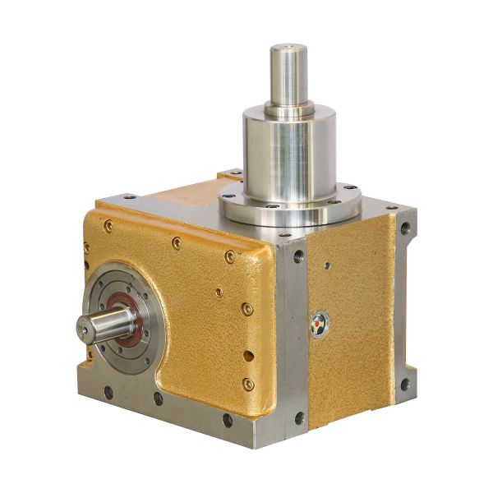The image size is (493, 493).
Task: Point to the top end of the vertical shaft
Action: (x=288, y=48)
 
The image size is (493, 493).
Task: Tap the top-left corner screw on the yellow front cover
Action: (x=108, y=226)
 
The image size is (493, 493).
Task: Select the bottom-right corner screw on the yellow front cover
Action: (x=248, y=383)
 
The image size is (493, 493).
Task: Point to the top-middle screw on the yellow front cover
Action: (x=176, y=242)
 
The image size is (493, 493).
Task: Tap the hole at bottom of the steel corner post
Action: (x=299, y=417)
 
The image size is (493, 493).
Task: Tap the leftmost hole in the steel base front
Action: (x=108, y=394)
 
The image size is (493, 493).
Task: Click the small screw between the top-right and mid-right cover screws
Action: (x=219, y=291)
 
